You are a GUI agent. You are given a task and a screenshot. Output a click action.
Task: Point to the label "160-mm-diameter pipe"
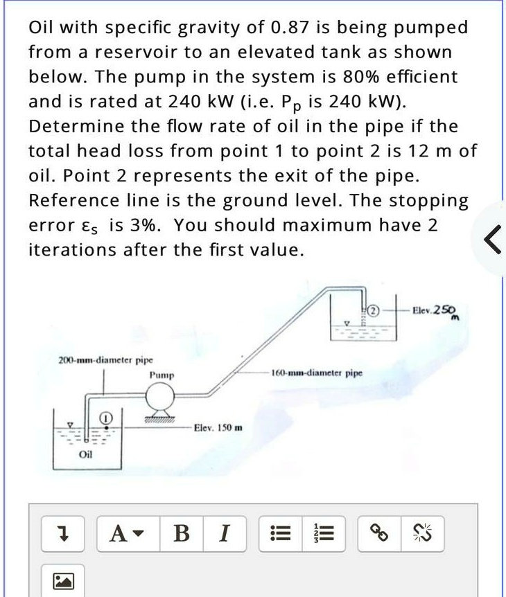coord(317,373)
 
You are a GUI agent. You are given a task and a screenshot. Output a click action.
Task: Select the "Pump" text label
coord(162,375)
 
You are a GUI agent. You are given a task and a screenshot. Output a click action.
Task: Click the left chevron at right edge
coord(493,240)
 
